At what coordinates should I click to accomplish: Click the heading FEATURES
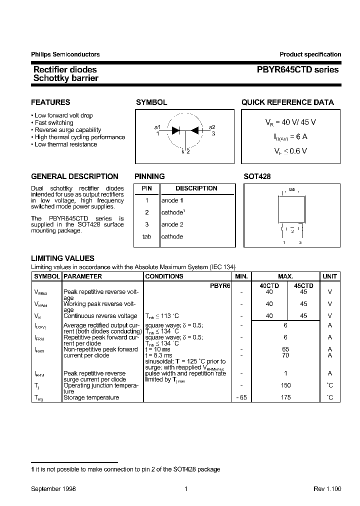pyautogui.click(x=50, y=102)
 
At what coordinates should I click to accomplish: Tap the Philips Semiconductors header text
pyautogui.click(x=65, y=54)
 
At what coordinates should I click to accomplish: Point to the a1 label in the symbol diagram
pyautogui.click(x=157, y=126)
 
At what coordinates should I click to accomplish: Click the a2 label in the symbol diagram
pyautogui.click(x=212, y=127)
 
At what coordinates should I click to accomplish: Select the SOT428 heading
pyautogui.click(x=257, y=176)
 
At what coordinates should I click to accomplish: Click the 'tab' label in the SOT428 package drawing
pyautogui.click(x=292, y=190)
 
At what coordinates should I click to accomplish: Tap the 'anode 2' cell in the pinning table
pyautogui.click(x=172, y=224)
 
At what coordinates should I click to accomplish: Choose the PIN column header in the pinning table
pyautogui.click(x=146, y=188)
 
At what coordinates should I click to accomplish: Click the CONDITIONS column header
pyautogui.click(x=164, y=276)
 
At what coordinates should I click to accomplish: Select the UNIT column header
pyautogui.click(x=330, y=276)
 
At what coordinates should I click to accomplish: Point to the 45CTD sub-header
pyautogui.click(x=303, y=285)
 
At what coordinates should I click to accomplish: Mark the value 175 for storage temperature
pyautogui.click(x=285, y=397)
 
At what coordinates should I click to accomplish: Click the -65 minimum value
pyautogui.click(x=241, y=397)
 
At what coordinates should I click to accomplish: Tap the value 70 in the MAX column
pyautogui.click(x=285, y=355)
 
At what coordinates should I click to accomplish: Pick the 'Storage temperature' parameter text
pyautogui.click(x=91, y=397)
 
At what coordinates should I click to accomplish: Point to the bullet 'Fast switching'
pyautogui.click(x=54, y=122)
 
